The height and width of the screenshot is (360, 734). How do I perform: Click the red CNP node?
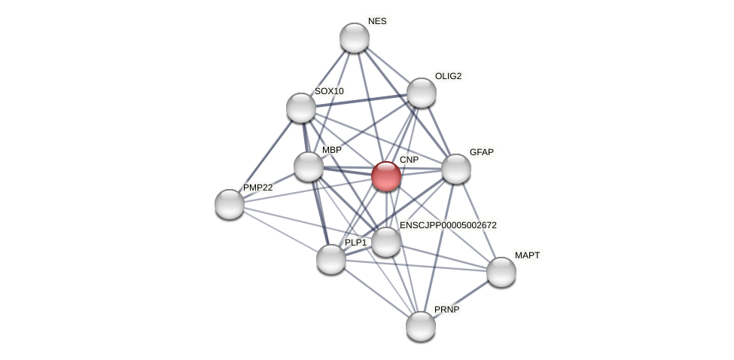coord(386,176)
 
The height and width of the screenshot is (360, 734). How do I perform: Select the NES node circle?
coord(355,38)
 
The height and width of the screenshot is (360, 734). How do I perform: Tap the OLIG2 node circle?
coord(422,93)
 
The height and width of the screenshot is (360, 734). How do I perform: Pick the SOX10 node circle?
coord(301,108)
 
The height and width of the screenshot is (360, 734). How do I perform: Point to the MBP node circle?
coord(309,166)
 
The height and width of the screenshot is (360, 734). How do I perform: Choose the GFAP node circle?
coord(456,169)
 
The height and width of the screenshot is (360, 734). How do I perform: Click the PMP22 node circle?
coord(230,204)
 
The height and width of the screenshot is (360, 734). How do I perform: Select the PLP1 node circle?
coord(331,259)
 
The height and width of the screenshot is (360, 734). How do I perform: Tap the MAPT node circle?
coord(501,272)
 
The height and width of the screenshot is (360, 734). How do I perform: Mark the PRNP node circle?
coord(421,326)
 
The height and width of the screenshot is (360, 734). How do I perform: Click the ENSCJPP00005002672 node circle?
coord(386,242)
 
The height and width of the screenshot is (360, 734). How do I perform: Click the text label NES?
coord(377,21)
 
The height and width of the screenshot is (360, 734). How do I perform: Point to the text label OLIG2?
coord(448,76)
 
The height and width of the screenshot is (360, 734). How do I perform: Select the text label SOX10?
coord(329,91)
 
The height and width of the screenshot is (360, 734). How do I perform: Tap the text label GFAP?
coord(481,152)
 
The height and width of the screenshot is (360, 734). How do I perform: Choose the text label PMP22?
coord(257,188)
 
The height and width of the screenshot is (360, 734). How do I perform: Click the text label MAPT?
coord(527,255)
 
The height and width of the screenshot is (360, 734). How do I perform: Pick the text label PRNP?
coord(446,310)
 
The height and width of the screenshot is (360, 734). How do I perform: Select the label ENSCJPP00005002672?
coord(448,225)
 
